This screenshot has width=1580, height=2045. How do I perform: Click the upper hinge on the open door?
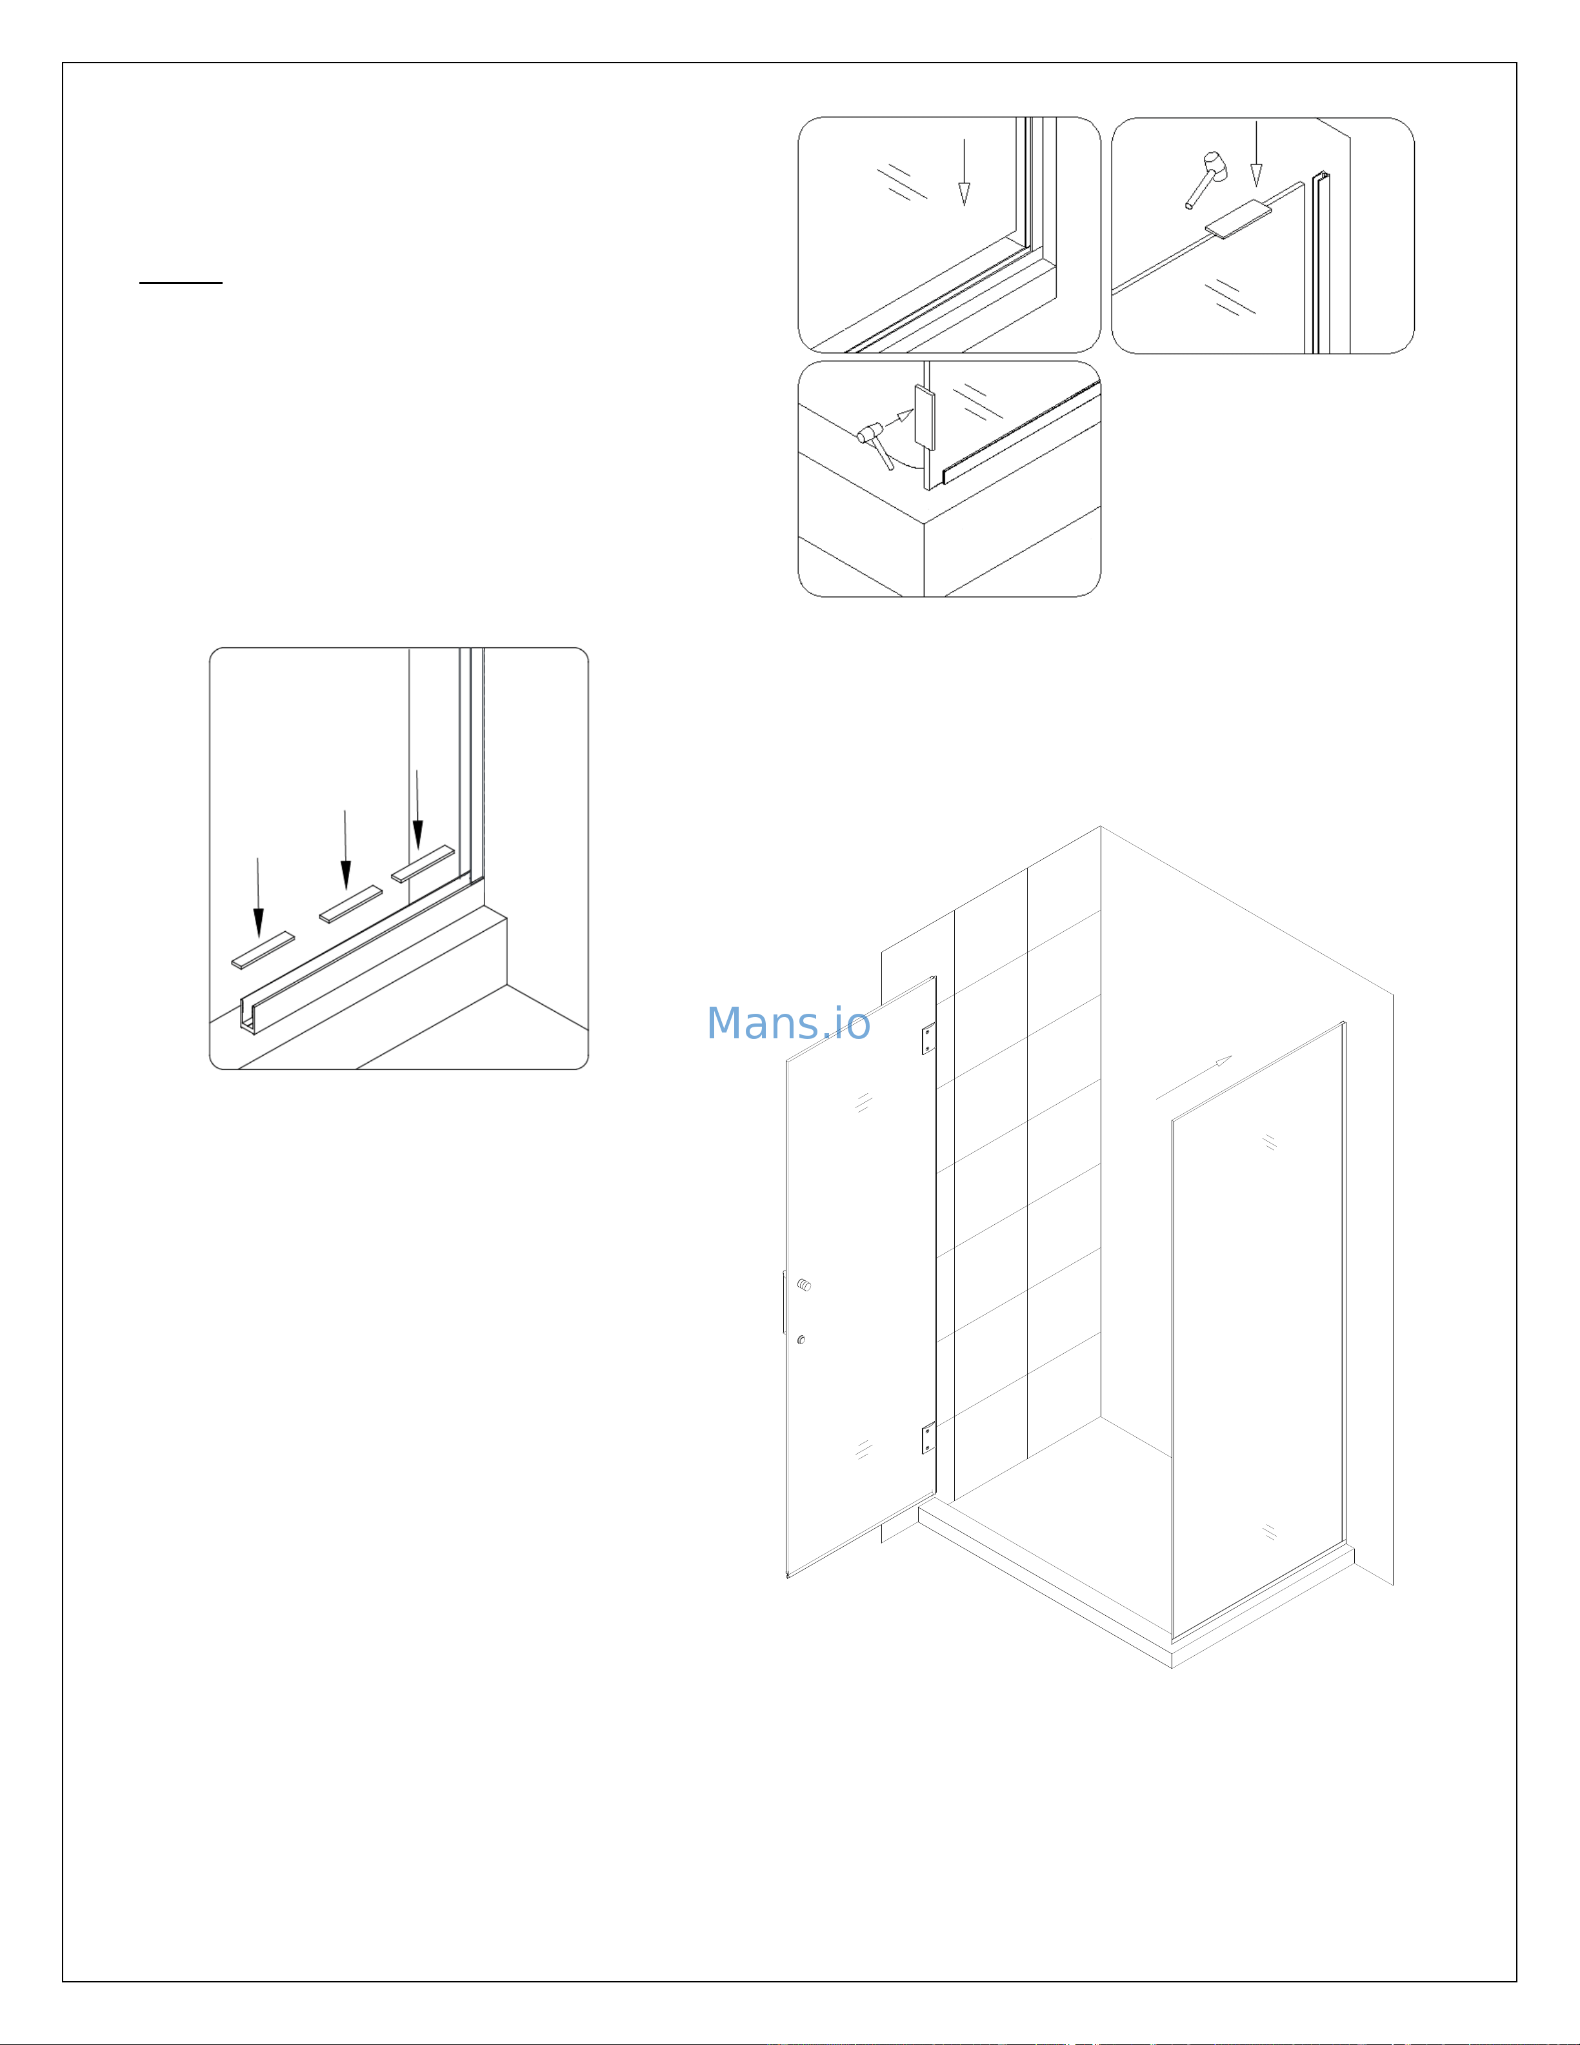point(928,1038)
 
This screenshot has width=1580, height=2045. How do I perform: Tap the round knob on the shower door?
point(804,1285)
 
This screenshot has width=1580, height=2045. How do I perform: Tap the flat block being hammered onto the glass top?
point(1237,218)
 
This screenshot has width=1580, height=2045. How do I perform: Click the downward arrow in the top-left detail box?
point(964,173)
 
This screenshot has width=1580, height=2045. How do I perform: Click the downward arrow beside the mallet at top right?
point(1256,154)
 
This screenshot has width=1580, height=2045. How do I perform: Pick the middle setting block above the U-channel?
point(350,903)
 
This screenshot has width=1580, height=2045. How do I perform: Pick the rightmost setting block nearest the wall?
point(422,863)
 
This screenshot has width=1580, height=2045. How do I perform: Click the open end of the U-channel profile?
point(248,1015)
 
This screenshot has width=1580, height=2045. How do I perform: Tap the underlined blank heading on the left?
point(181,281)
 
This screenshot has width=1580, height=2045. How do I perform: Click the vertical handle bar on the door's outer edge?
point(783,1302)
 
